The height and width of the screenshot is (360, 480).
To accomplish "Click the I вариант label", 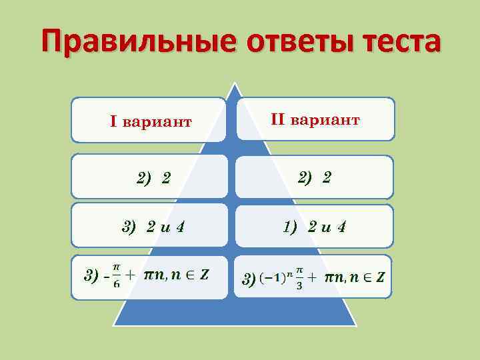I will (151, 121).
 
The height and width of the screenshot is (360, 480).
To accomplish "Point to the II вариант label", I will (315, 119).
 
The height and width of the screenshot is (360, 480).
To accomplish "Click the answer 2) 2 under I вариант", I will (153, 178).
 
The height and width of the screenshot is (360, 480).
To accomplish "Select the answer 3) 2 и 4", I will (153, 227).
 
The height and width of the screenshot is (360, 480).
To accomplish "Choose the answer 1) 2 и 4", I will (315, 227).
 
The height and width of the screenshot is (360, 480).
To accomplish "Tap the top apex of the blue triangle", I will (234, 84).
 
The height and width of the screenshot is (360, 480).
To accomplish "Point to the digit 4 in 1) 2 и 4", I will (341, 227).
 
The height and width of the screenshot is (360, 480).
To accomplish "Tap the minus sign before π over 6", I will (105, 276).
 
